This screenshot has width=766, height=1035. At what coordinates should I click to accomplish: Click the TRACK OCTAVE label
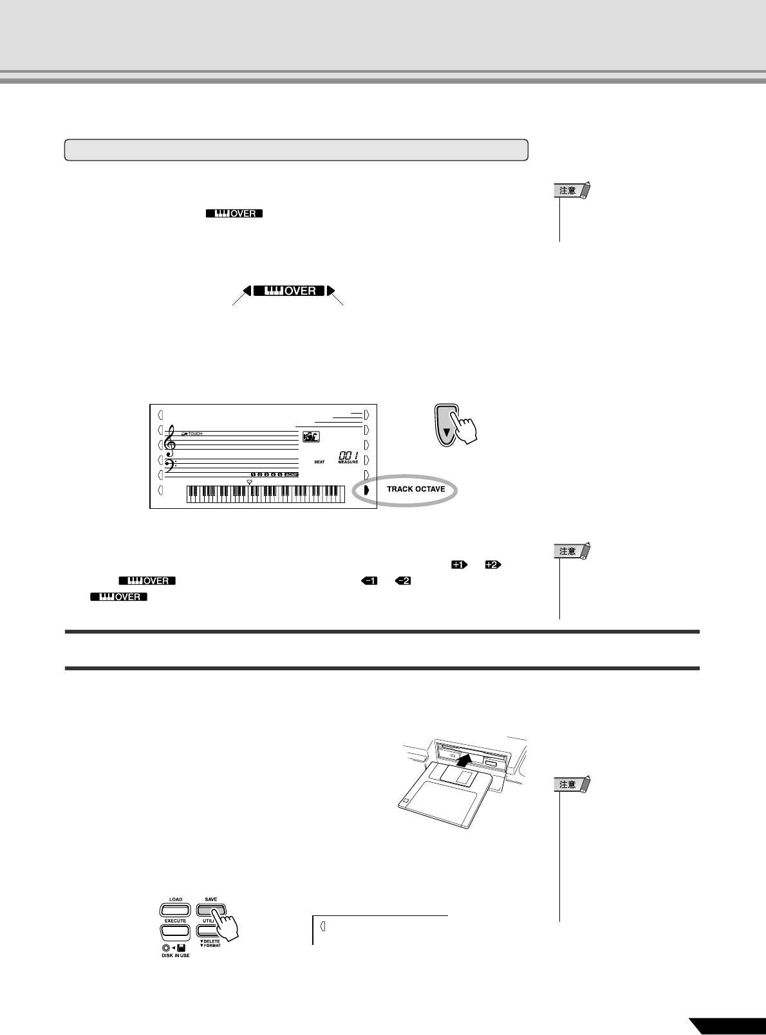coord(416,490)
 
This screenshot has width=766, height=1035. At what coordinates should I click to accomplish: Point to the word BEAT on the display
coord(320,462)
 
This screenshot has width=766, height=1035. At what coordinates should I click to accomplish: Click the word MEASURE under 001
coord(348,462)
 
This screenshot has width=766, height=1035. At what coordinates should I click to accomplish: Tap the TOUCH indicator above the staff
coord(192,434)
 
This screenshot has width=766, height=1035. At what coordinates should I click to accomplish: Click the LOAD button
coord(175,910)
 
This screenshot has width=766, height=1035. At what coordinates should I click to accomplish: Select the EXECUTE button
coord(175,931)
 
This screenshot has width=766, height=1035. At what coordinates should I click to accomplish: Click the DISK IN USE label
coord(175,955)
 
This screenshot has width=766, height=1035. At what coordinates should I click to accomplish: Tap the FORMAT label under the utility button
coord(210,946)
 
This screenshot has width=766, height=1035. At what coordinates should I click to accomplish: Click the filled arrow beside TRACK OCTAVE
coord(366,490)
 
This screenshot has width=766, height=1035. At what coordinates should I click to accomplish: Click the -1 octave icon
coord(369,581)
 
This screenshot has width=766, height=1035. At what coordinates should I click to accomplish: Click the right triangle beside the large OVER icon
coord(331,291)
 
